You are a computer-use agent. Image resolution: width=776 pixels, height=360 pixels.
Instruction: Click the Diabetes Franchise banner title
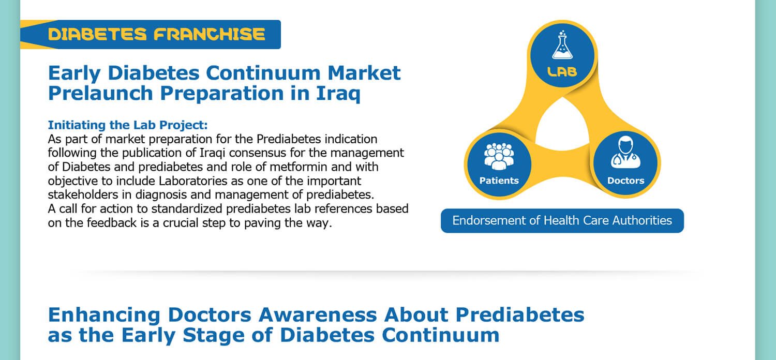point(157,34)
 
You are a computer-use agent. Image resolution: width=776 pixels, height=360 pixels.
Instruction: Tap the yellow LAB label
point(562,72)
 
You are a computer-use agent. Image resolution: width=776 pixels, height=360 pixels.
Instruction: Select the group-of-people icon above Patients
point(499,156)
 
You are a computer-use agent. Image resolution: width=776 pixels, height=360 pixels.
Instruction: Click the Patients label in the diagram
point(499,181)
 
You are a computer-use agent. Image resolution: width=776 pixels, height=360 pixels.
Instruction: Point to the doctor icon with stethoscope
point(625,152)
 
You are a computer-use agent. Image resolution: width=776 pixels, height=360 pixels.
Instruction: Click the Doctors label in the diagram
point(625,181)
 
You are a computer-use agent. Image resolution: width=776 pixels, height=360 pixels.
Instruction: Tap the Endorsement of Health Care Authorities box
point(562,221)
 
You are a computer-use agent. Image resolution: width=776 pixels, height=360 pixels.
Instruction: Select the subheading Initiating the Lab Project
point(127,125)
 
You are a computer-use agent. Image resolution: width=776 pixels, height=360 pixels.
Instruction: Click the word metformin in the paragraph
point(299,167)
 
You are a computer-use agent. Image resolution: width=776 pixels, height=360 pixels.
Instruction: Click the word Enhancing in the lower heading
point(104,316)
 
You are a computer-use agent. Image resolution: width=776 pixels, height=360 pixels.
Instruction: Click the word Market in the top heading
point(364,73)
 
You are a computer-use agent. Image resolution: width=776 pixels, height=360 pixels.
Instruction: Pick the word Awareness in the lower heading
point(318,315)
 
